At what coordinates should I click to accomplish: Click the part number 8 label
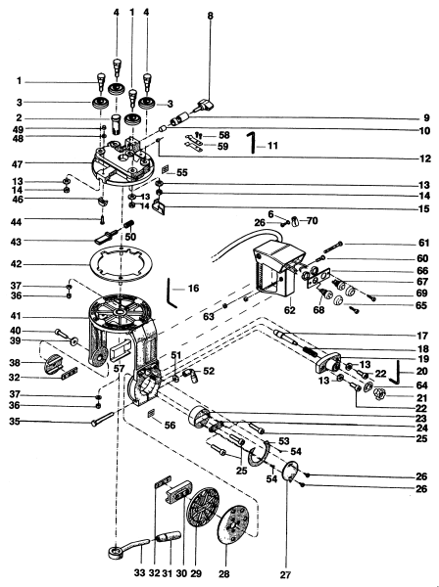[x=210, y=16]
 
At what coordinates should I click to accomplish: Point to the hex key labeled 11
[x=253, y=142]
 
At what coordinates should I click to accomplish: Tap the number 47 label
[x=17, y=164]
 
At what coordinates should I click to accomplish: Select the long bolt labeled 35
[x=102, y=419]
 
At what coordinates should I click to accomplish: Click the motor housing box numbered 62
[x=276, y=272]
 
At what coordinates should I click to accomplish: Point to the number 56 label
[x=170, y=426]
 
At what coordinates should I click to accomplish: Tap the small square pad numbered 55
[x=166, y=170]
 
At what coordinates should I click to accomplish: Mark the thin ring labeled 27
[x=287, y=472]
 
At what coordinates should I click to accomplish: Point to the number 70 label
[x=312, y=221]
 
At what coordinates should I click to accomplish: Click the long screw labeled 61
[x=332, y=248]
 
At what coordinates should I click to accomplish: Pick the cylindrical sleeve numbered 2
[x=116, y=124]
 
